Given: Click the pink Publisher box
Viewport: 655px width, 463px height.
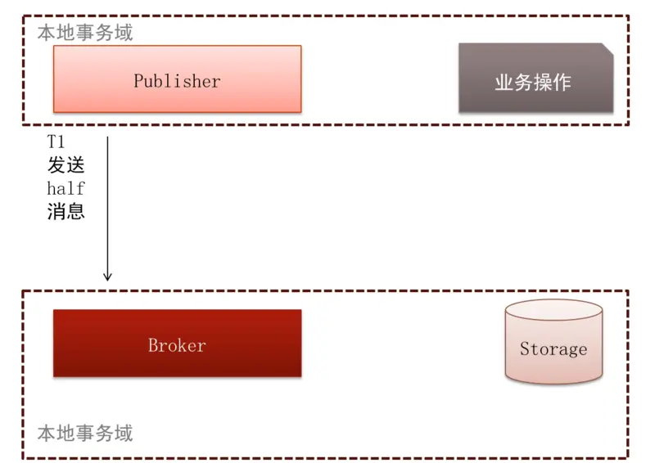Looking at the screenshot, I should pyautogui.click(x=177, y=79).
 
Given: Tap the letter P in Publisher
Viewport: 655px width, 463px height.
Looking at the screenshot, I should pyautogui.click(x=138, y=81).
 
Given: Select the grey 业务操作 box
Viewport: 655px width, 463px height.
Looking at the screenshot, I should pyautogui.click(x=535, y=79).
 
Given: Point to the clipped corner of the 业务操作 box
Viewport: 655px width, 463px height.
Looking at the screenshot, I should pyautogui.click(x=608, y=47).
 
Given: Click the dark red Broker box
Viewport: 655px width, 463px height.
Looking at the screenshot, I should pyautogui.click(x=177, y=344).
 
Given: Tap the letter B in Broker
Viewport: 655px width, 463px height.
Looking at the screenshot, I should pyautogui.click(x=152, y=345).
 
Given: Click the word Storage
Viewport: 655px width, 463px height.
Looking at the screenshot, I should pyautogui.click(x=553, y=349).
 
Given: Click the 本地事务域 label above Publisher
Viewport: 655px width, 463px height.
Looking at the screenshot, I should pyautogui.click(x=85, y=33).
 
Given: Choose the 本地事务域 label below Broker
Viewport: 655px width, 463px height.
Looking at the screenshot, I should pyautogui.click(x=85, y=433).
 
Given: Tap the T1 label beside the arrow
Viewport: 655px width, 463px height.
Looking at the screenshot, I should pyautogui.click(x=56, y=142).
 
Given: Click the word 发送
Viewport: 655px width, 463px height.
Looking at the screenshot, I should pyautogui.click(x=65, y=165).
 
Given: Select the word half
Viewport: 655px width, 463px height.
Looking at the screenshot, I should pyautogui.click(x=65, y=188).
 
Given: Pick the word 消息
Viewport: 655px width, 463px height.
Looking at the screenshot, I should pyautogui.click(x=65, y=211).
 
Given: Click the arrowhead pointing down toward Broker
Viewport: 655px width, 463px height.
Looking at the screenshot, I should pyautogui.click(x=107, y=277).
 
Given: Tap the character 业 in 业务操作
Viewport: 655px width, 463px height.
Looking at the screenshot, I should pyautogui.click(x=504, y=83).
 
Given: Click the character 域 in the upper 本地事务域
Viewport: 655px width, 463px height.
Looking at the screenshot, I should pyautogui.click(x=124, y=33).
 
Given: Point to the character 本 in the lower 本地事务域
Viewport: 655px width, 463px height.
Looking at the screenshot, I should pyautogui.click(x=47, y=433).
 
